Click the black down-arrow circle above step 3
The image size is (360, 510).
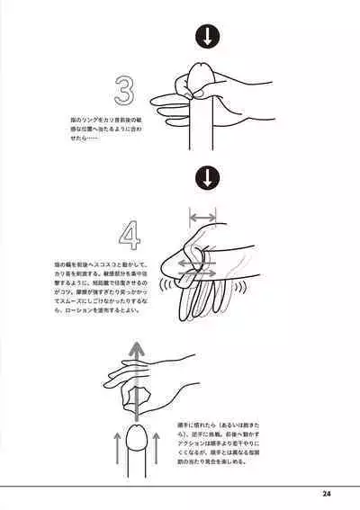(x=207, y=37)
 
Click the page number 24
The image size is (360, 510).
(x=326, y=493)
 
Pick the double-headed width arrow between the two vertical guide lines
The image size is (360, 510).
(x=202, y=217)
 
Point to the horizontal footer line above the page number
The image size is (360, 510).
(x=180, y=484)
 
